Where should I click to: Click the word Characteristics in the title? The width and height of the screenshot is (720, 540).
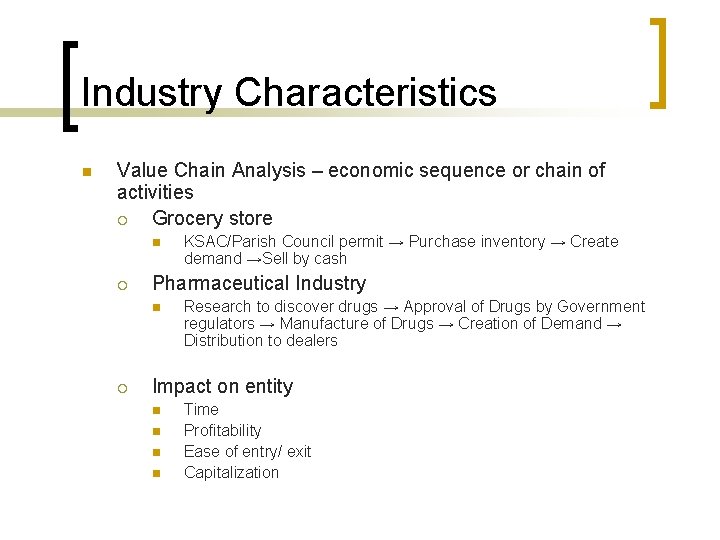coord(365,93)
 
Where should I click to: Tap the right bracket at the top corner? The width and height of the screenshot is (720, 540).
coord(658,62)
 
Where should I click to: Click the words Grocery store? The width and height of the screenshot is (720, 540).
coord(212,218)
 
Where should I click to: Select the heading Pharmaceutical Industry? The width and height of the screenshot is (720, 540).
coord(259,283)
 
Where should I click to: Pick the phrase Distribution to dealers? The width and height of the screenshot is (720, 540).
coord(260,340)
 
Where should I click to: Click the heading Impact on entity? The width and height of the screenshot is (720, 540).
coord(222,386)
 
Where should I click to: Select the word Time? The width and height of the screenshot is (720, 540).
coord(201,409)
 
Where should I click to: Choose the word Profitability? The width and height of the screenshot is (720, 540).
coord(222,430)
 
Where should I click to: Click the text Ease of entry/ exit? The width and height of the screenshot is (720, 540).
coord(247,451)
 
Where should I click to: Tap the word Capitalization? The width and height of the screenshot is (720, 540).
coord(231,472)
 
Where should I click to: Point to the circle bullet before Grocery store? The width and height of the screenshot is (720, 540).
coord(122,219)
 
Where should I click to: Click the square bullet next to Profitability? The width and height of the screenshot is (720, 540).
coord(156,431)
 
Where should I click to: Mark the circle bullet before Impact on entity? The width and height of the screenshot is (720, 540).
coord(122,387)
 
